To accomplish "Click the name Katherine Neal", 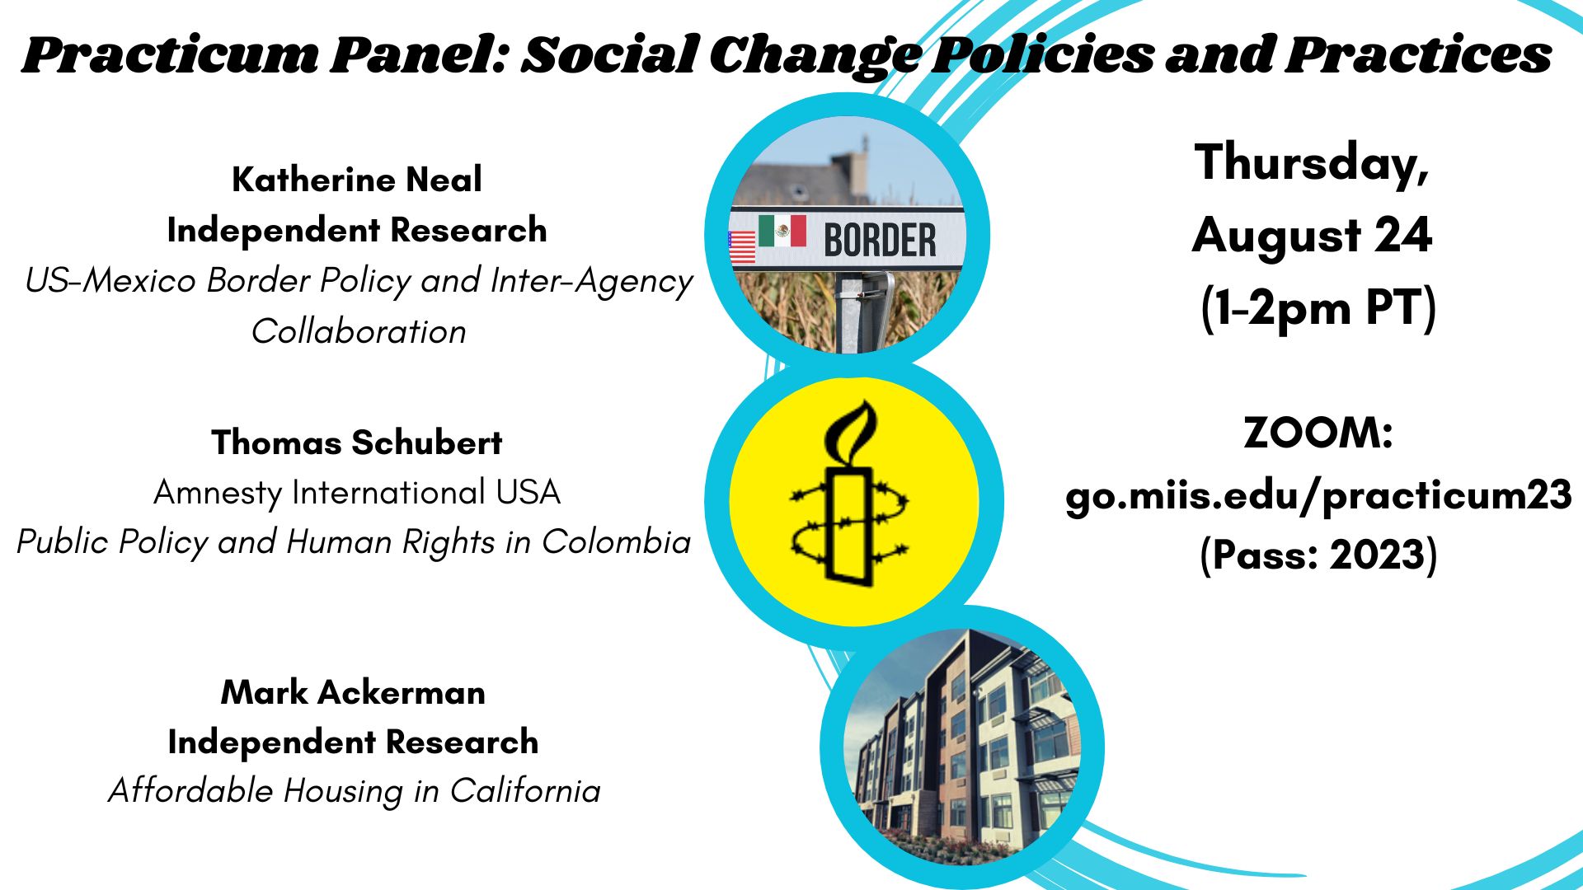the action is pos(357,179).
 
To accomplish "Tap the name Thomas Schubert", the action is pos(356,443).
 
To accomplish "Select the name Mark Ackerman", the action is pos(353,692).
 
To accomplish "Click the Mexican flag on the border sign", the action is pos(782,231).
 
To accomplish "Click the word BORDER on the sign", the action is pos(880,241).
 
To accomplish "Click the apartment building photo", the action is pos(962,747).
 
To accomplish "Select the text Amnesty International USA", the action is pos(357,493).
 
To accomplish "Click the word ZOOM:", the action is pos(1318,433).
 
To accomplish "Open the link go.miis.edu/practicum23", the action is pos(1318,496).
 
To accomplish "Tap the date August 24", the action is pos(1312,235).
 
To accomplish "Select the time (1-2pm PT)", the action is pos(1318,308).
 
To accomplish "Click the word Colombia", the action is pos(616,542).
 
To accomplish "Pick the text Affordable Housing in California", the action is pos(355,791).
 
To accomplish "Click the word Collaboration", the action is pos(359,331).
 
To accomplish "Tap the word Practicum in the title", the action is pos(170,56).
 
